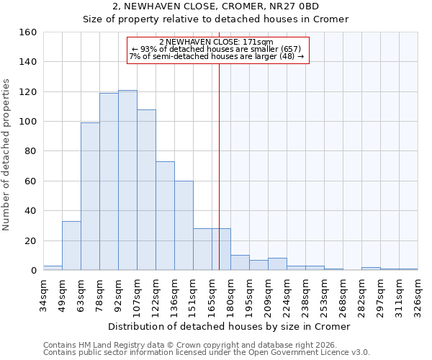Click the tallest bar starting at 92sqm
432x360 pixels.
127,180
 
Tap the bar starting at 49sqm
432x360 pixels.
71,246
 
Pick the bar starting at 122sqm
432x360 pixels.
165,215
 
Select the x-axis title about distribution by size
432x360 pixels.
230,326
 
